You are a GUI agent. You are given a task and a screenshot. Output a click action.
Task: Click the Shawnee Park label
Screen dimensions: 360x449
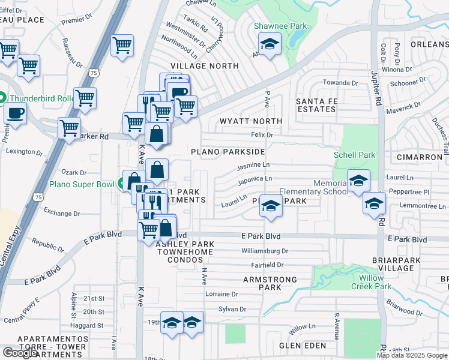280,26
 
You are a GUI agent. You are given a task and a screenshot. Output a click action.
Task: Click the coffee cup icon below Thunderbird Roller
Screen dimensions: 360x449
16,113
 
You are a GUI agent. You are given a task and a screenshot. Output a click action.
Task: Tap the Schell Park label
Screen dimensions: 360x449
354,155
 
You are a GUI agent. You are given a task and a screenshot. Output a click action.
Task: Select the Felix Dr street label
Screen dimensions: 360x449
262,136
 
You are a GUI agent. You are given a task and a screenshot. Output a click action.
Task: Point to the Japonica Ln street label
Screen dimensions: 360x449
255,179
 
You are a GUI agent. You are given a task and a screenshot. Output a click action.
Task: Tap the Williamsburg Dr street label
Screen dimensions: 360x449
265,251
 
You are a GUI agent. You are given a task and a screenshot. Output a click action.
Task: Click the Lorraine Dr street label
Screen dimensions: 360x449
221,294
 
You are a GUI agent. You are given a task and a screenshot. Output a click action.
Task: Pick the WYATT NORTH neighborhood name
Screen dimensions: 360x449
250,121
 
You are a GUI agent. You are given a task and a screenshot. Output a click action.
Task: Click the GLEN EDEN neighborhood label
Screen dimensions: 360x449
303,346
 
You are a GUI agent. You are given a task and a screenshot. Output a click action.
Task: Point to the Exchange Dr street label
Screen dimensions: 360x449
61,214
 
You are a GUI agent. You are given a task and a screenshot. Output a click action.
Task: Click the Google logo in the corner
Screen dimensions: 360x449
20,353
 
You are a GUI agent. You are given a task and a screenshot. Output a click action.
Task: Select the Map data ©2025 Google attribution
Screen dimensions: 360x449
412,355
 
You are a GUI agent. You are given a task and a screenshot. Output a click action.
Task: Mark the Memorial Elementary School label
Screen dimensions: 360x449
330,187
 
